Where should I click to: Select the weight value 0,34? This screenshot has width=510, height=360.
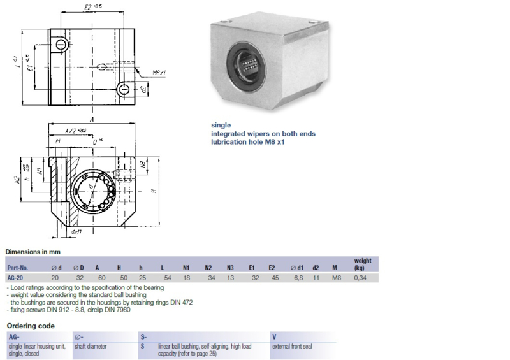[x=361, y=277]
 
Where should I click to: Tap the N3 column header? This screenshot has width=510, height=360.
[x=230, y=268]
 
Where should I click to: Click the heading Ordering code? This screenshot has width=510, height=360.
[x=30, y=326]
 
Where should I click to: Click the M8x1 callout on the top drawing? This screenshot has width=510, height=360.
[x=159, y=73]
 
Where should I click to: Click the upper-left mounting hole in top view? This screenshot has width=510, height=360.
[x=61, y=44]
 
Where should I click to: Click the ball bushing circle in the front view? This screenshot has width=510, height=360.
[x=92, y=190]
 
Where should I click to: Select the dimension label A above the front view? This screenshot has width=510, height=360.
[x=93, y=120]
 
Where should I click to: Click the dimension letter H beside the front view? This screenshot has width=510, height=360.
[x=153, y=191]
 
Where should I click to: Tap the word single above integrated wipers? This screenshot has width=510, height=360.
[x=221, y=125]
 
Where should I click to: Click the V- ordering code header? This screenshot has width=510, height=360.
[x=274, y=336]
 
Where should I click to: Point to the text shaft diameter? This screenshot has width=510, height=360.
[x=91, y=346]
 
